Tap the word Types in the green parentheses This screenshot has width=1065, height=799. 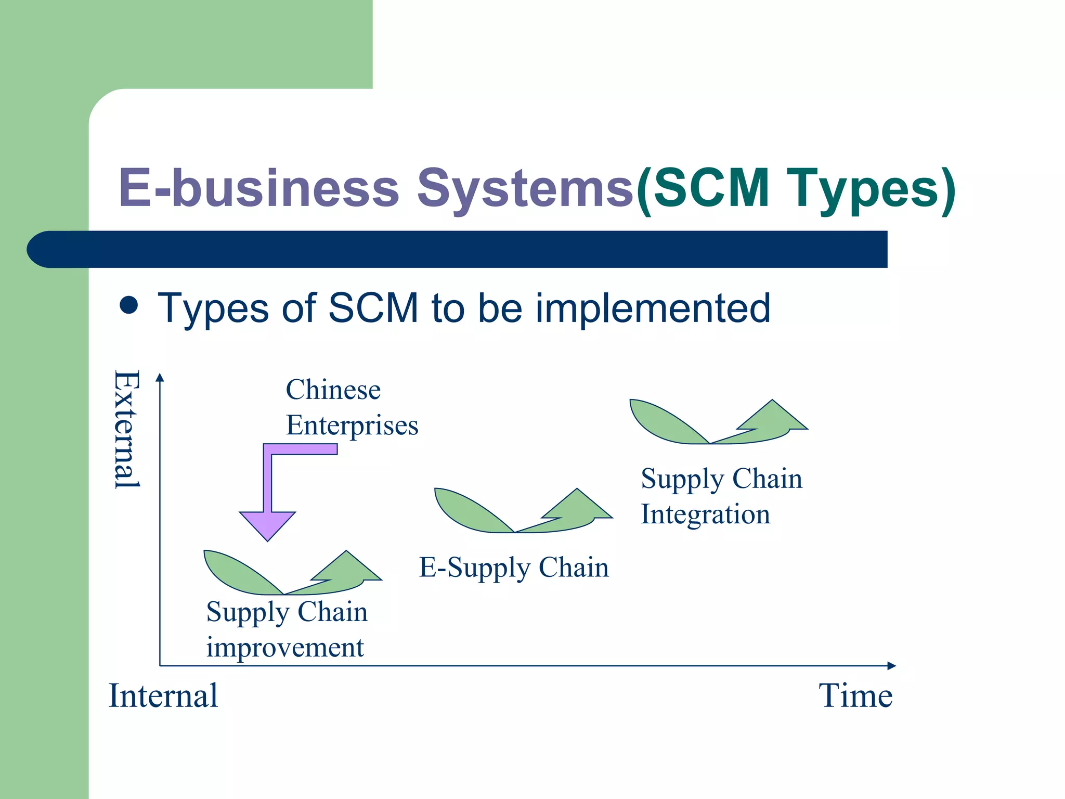point(858,188)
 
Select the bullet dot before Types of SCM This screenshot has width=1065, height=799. point(128,305)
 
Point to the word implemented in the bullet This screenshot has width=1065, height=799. point(653,308)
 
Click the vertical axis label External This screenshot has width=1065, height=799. point(127,429)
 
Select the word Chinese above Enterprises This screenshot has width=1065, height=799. point(333,390)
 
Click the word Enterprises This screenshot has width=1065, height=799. point(352,425)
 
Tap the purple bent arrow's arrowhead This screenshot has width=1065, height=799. point(267,524)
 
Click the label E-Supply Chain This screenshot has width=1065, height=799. point(514,568)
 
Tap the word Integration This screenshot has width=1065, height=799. point(705,514)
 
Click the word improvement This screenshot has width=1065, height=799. point(285,648)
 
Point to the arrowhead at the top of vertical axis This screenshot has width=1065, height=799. point(160,378)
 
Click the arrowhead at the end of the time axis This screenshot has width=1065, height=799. point(891,665)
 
